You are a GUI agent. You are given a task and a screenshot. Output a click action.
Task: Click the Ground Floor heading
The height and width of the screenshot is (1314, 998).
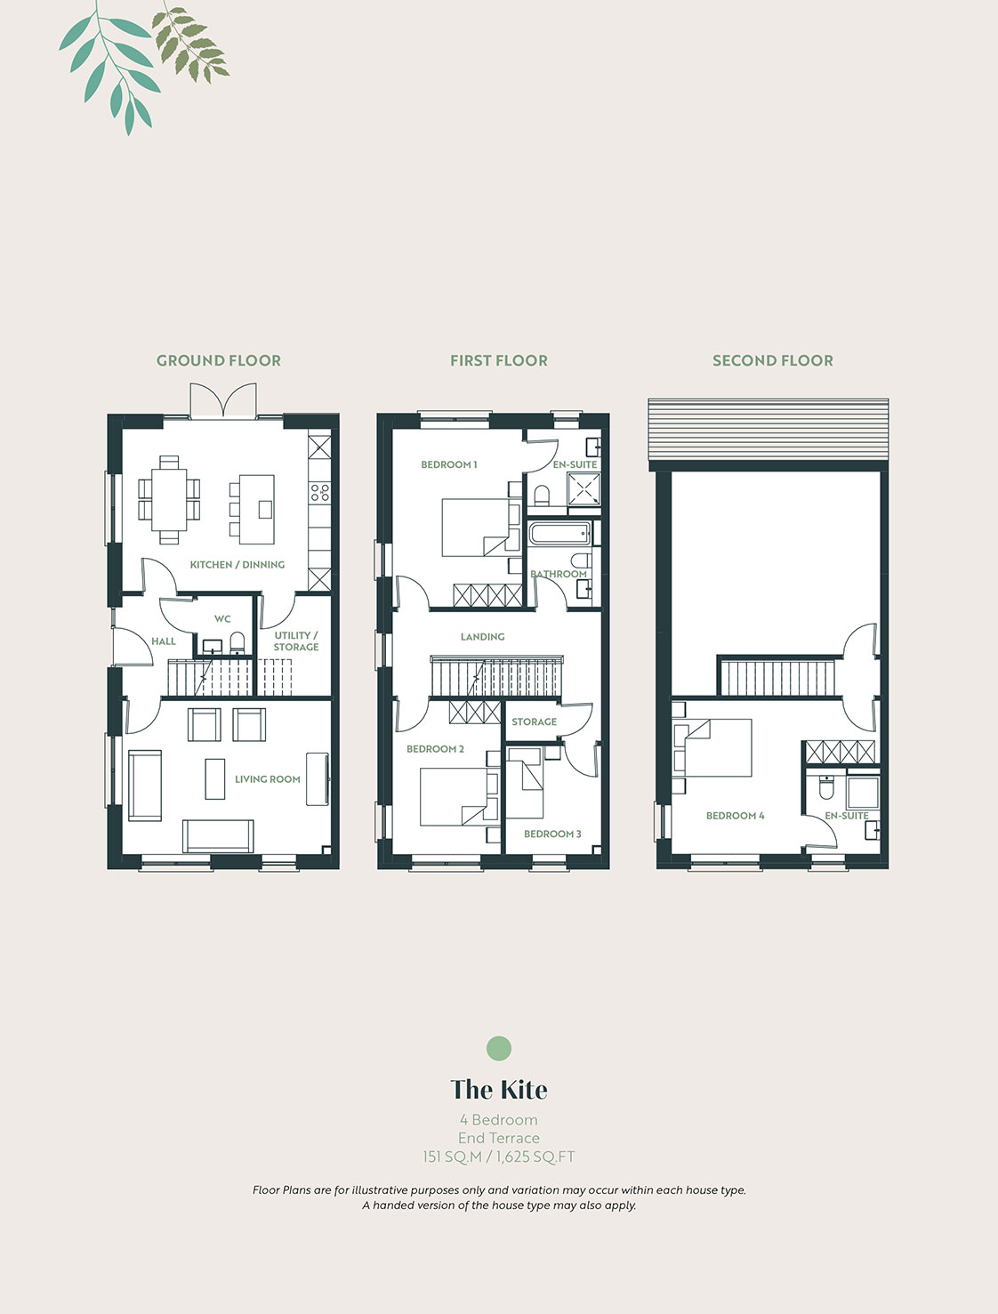[x=219, y=360]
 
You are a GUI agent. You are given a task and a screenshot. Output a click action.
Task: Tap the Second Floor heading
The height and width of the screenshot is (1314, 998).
[x=772, y=360]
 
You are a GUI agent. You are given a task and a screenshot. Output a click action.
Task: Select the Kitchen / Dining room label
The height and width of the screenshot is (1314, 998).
[x=237, y=565]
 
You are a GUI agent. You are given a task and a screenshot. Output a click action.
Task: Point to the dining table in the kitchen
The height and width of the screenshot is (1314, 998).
[x=169, y=500]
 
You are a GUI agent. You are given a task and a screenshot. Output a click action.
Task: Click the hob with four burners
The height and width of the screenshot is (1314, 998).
[x=319, y=493]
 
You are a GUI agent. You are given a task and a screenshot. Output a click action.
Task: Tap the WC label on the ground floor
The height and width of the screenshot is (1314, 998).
[x=222, y=618]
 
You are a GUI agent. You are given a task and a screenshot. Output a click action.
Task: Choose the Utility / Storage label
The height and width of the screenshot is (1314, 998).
[x=296, y=641]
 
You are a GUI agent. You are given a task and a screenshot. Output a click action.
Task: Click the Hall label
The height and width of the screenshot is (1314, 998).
[x=164, y=641]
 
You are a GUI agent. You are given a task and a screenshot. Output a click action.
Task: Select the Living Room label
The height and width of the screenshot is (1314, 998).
[x=268, y=778]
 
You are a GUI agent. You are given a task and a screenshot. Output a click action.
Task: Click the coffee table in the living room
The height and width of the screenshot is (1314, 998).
[x=215, y=778]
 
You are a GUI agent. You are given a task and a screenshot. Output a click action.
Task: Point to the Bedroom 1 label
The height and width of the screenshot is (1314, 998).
[x=448, y=464]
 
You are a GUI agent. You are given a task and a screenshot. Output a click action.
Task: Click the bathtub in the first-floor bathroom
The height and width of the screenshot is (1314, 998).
[x=560, y=533]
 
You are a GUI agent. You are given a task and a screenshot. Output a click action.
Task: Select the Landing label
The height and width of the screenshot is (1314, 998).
[x=482, y=636]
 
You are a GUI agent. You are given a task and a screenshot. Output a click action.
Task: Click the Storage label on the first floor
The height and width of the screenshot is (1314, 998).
[x=535, y=722]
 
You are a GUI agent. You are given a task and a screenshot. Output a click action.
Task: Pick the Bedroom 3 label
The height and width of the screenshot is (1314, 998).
[x=552, y=834]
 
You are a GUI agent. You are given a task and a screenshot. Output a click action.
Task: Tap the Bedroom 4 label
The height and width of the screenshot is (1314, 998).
[x=736, y=815]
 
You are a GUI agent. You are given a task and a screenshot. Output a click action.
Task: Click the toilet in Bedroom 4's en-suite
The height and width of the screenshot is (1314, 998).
[x=826, y=787]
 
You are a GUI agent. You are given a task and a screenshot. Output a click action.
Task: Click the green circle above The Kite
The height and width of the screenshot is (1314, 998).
[x=499, y=1048]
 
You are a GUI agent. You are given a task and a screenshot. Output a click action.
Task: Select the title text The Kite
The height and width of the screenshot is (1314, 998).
[x=499, y=1090]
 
